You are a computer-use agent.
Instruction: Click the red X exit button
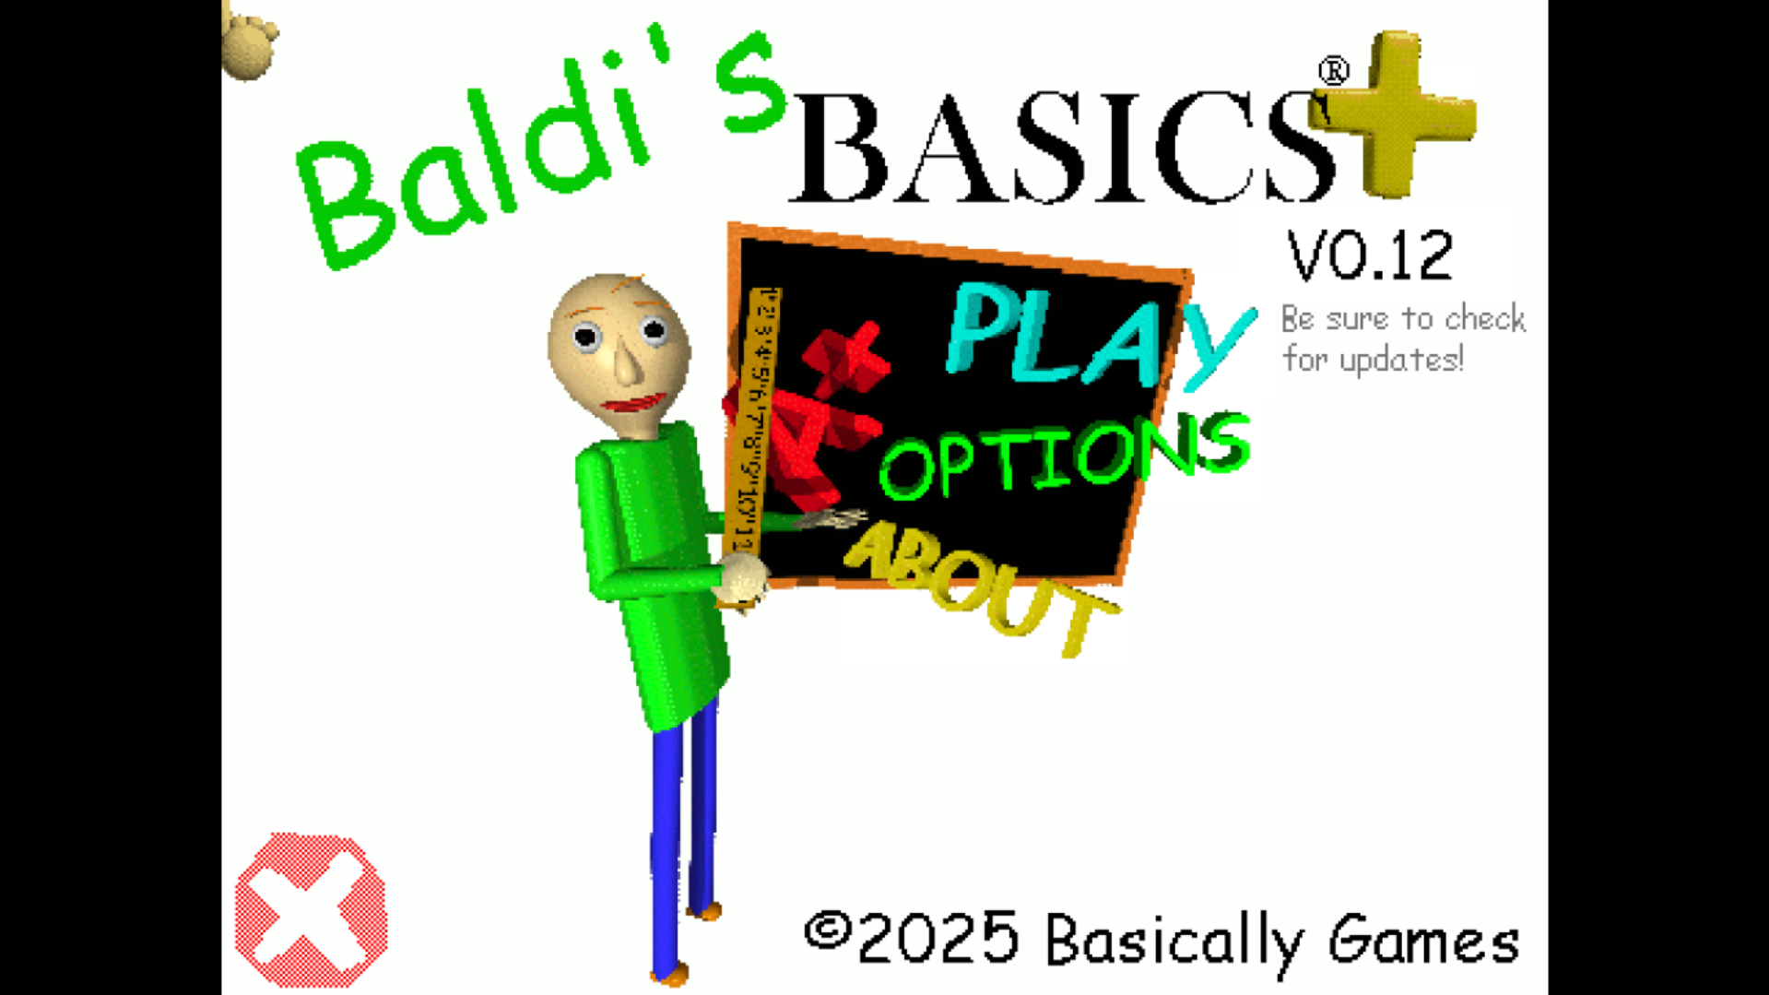pos(311,910)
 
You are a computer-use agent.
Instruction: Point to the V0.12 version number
pos(1370,255)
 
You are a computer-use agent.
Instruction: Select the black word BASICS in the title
pos(1060,148)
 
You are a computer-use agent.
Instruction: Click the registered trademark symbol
pos(1333,71)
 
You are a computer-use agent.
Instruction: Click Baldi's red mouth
pos(636,404)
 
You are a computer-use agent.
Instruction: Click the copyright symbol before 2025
pos(827,931)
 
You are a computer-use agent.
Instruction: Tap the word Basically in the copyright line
pos(1173,941)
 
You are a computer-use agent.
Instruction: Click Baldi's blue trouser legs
pos(682,830)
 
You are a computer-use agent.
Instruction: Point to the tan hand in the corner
pos(249,41)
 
